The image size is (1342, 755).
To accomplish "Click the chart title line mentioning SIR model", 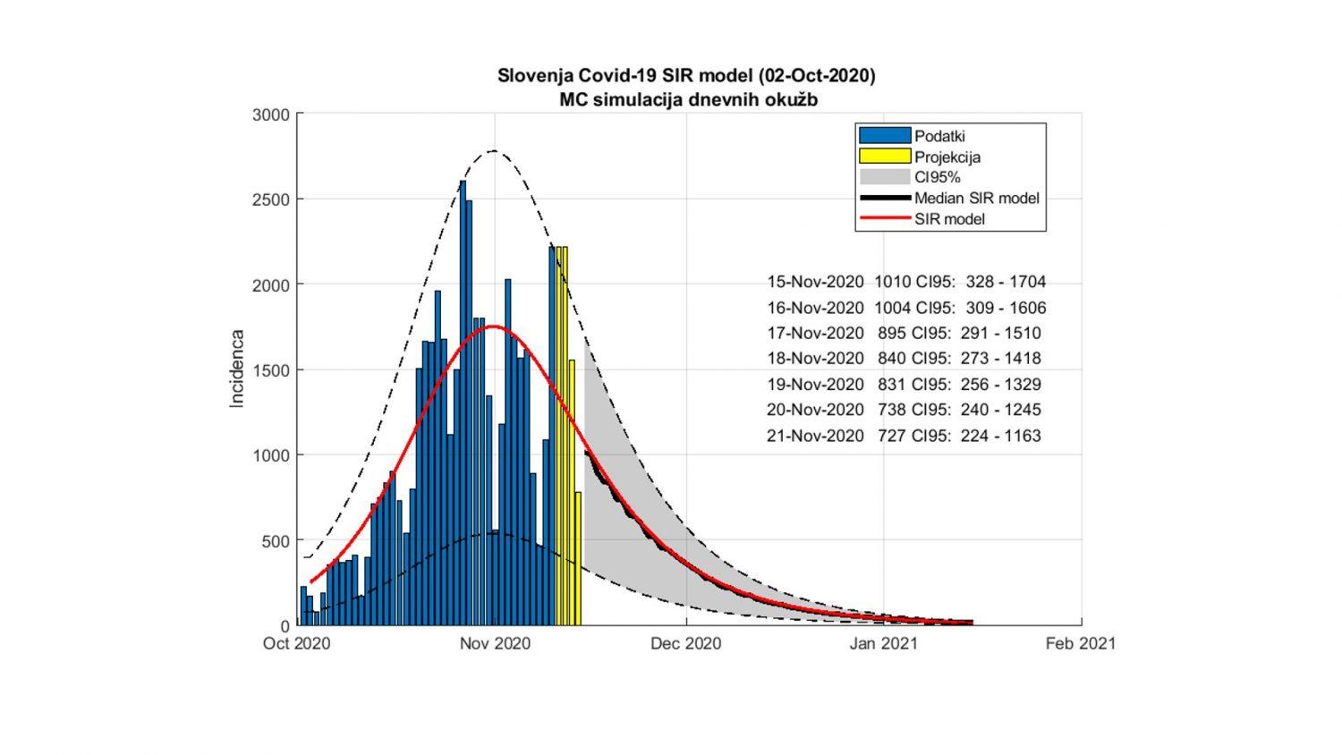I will coord(686,76).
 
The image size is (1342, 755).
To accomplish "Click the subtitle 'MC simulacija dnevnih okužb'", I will coord(688,99).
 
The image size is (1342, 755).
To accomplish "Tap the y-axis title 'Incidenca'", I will coord(237,369).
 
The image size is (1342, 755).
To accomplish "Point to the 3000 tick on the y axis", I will coord(270,115).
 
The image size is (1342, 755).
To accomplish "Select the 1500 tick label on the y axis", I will coord(270,370).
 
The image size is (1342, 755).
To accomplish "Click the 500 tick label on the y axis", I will coord(275,541).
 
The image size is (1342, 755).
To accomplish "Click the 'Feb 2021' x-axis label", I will coord(1081,643).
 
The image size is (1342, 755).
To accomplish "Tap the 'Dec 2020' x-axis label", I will coord(686,643).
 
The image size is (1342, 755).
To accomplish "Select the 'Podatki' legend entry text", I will coord(939,136).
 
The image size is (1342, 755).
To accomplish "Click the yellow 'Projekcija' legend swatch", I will coord(885,157).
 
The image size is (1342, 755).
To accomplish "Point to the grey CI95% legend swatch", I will coord(885,177).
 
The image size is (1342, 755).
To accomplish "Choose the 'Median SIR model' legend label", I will coord(976,198).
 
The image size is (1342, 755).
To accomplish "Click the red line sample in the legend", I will coord(885,218).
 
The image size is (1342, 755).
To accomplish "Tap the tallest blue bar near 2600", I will coord(463,403).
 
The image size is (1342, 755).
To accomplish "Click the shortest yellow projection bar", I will coord(578,558).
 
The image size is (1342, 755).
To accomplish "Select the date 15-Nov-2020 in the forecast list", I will coord(815,282).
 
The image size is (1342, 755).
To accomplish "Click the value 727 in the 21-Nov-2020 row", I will coord(891,436).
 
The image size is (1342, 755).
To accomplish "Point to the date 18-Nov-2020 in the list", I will coord(815,359).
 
